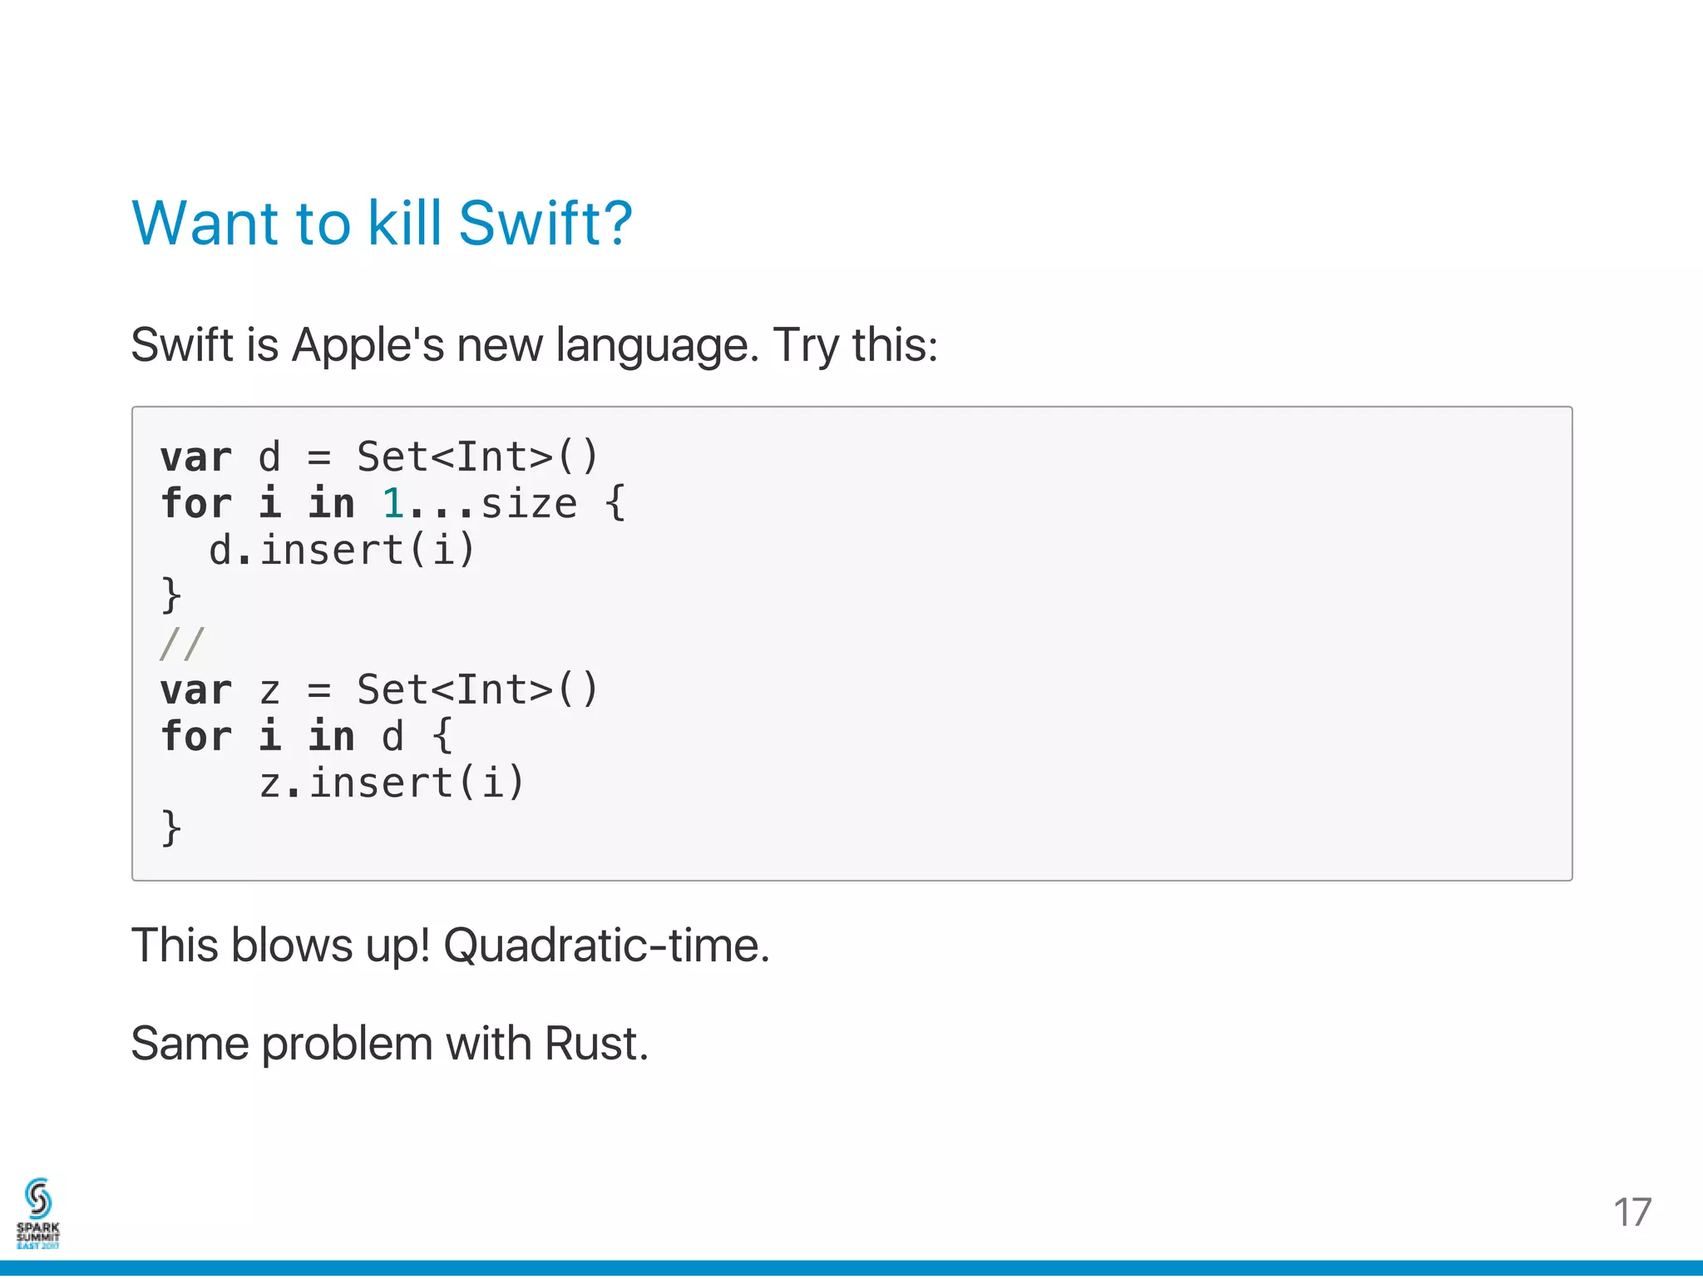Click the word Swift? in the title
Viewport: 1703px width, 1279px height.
point(545,224)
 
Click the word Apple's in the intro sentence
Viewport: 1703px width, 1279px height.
point(368,344)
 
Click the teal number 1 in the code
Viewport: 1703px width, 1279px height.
point(392,504)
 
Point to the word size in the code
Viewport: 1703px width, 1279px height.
point(529,504)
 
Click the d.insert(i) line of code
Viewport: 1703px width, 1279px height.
point(342,550)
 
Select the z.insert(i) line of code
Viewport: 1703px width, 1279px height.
point(392,783)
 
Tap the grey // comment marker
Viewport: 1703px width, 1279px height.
point(182,644)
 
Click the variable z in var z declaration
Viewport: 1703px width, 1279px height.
point(269,690)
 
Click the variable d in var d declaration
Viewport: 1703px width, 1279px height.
point(269,457)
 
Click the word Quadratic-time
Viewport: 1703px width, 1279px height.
point(606,946)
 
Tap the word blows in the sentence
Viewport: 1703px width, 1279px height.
point(292,946)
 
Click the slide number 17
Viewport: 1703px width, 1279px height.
point(1631,1212)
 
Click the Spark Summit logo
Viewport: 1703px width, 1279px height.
point(38,1213)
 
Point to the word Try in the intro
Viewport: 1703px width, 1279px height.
point(806,346)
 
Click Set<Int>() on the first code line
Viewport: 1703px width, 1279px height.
point(477,457)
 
